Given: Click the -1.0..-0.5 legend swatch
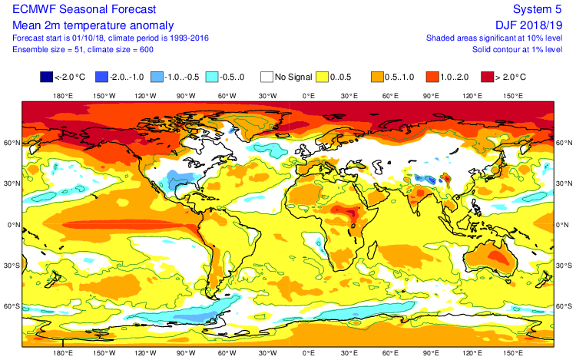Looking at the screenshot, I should pos(157,77).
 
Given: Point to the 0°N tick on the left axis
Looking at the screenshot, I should pos(11,225).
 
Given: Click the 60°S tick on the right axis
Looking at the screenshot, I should pos(564,306).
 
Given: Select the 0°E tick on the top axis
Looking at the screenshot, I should pos(309,96).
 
